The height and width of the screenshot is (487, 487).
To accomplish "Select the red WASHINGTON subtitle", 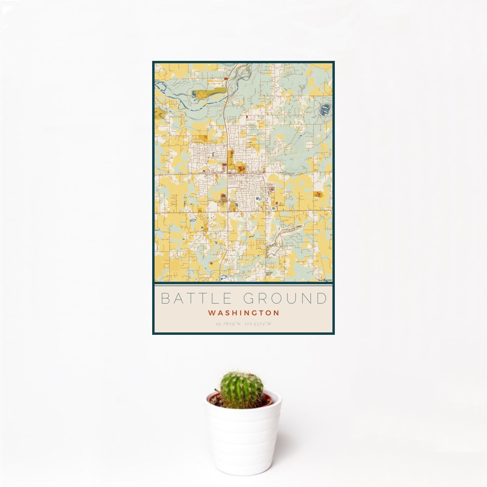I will (243, 313).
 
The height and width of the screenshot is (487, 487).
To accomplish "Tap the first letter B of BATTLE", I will (165, 298).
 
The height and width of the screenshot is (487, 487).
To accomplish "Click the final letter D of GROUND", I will (322, 298).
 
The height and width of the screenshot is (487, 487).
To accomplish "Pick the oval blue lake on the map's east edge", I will (325, 109).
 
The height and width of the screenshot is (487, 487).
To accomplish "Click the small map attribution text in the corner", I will (325, 280).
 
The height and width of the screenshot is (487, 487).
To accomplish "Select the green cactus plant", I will (241, 389).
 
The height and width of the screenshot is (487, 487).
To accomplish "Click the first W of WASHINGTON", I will (211, 313).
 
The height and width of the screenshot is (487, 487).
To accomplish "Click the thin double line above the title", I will (243, 285).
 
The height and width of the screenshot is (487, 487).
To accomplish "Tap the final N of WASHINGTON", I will (276, 313).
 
